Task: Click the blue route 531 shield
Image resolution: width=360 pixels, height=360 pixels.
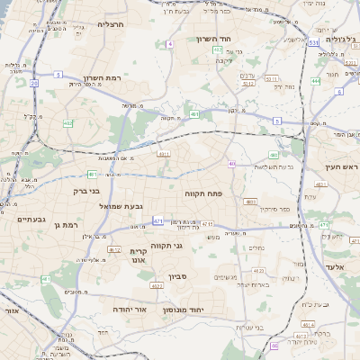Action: coord(313,42)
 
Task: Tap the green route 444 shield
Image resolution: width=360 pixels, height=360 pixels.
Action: coord(316,81)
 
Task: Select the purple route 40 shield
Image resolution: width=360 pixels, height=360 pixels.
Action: coord(231,163)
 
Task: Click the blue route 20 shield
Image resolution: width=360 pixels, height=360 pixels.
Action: coord(34,83)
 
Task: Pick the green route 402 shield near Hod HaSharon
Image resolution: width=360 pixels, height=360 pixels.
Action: coord(218,50)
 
